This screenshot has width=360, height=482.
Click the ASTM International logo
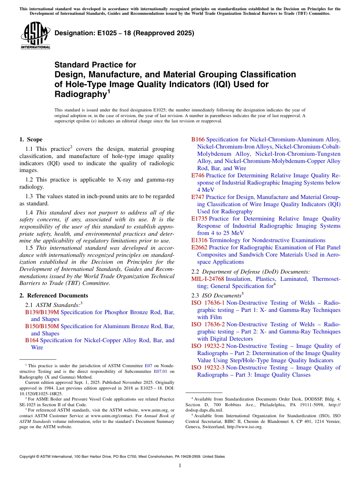[x=35, y=35]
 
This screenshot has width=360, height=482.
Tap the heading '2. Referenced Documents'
[x=54, y=296]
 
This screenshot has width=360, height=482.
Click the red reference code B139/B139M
[x=42, y=312]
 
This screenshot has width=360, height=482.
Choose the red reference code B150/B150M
[x=42, y=326]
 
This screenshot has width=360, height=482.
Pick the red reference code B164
[x=32, y=340]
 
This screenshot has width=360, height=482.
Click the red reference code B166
[x=198, y=139]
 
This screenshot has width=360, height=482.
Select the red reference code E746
[x=198, y=175]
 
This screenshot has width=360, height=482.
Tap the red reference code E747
[x=198, y=197]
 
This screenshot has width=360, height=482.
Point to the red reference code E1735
[x=199, y=219]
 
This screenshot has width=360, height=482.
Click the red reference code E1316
[x=199, y=240]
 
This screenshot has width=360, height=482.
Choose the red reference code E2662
[x=199, y=247]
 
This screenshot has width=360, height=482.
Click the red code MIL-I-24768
[x=208, y=279]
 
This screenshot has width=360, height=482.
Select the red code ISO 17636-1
[x=208, y=303]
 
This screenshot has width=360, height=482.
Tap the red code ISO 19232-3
[x=208, y=368]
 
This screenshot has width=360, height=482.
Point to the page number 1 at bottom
[x=180, y=466]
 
